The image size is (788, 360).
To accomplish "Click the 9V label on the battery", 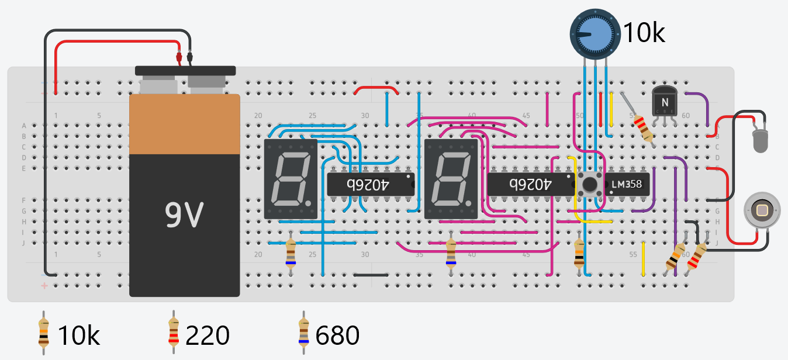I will pyautogui.click(x=184, y=216).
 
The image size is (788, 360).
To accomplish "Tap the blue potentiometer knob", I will pyautogui.click(x=594, y=34).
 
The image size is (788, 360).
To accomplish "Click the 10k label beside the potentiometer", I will pyautogui.click(x=643, y=33).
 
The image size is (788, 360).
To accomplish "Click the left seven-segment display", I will pyautogui.click(x=291, y=179).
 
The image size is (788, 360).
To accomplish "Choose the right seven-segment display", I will pyautogui.click(x=451, y=179).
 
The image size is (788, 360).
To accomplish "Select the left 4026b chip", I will pyautogui.click(x=371, y=184).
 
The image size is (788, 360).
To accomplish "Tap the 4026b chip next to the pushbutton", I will pyautogui.click(x=530, y=184).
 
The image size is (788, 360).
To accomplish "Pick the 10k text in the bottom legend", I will pyautogui.click(x=78, y=336).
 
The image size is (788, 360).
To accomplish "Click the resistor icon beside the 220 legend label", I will pyautogui.click(x=173, y=333).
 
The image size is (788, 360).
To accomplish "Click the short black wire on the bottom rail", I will pyautogui.click(x=371, y=274).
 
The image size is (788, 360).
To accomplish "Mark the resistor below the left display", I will pyautogui.click(x=291, y=252).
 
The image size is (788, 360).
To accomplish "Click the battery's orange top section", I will pyautogui.click(x=184, y=124).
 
